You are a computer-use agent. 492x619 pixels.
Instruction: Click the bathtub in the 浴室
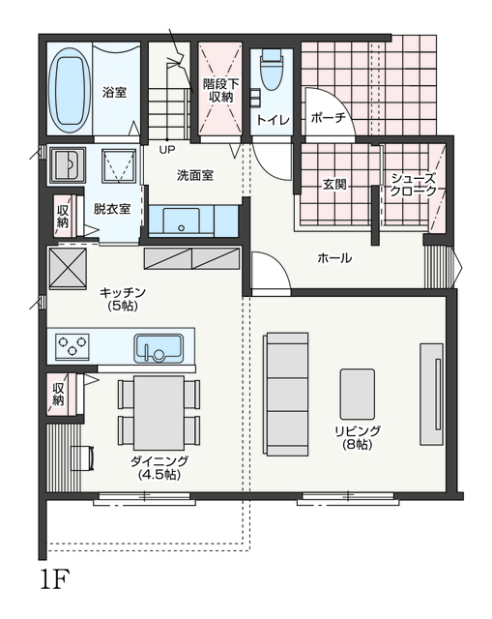point(70,91)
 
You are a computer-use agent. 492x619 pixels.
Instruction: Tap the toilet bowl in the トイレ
point(272,70)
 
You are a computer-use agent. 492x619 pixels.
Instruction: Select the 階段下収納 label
point(221,90)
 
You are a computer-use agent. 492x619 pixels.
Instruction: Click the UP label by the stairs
point(167,150)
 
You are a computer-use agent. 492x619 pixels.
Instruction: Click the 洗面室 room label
point(195,175)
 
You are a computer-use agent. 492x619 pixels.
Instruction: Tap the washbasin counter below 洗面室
point(193,221)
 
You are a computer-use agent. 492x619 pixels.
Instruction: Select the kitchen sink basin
point(159,348)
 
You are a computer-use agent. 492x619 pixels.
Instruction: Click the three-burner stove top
point(72,346)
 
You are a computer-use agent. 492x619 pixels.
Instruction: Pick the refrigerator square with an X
point(68,269)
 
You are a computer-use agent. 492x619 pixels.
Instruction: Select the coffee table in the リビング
point(358,394)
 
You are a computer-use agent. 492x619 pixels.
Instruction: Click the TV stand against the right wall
point(431,395)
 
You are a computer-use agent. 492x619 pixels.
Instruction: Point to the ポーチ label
point(329,117)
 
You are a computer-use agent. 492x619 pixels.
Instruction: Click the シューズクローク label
point(414,185)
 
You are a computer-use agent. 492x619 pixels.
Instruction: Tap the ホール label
point(334,258)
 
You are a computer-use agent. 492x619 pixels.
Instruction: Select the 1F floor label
point(55,579)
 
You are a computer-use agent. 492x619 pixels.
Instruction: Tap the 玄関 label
point(334,184)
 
